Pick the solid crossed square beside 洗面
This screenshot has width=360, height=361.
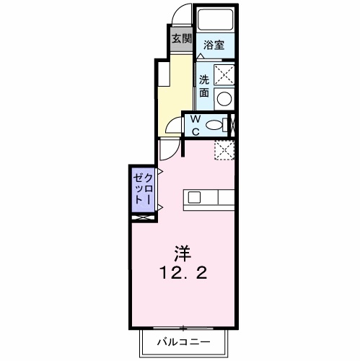pyautogui.click(x=225, y=74)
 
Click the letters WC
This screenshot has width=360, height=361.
pyautogui.click(x=195, y=126)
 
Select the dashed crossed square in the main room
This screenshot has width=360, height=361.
pyautogui.click(x=224, y=149)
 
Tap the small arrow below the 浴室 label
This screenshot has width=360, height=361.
pyautogui.click(x=201, y=56)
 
